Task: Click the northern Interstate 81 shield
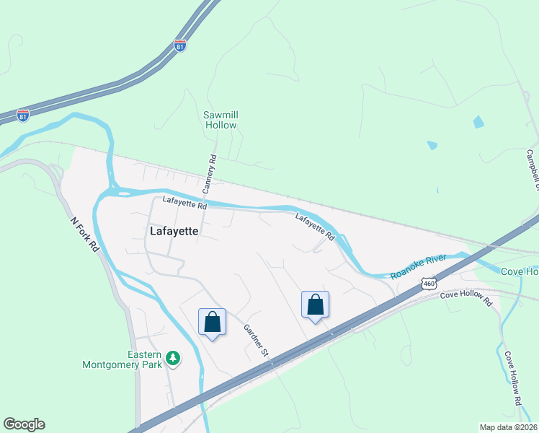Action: point(180,45)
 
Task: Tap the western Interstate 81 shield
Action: point(24,115)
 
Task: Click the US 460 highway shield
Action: point(429,282)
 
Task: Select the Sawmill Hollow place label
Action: point(220,120)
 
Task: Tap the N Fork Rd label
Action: point(85,235)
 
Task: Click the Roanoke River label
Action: point(419,266)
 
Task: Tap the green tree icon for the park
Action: point(172,357)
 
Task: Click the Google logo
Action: point(24,424)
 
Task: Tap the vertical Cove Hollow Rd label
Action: point(512,377)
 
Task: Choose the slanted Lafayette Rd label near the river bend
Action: point(315,226)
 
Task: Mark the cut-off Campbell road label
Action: point(533,170)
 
